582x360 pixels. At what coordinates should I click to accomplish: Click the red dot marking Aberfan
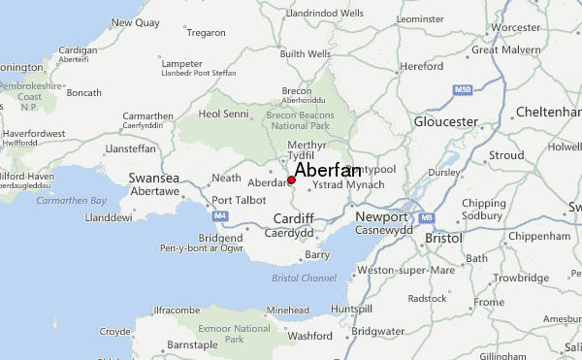coord(291,180)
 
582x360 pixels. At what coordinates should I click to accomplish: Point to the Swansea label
coord(154,179)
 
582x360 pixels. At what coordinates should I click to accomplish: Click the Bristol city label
coord(443,237)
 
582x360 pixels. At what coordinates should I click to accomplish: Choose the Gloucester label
coord(445,122)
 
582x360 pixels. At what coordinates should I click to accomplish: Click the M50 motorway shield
coord(462,89)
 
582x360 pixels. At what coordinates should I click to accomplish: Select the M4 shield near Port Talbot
coord(221,214)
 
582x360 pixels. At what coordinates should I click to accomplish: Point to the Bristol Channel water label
coord(305,278)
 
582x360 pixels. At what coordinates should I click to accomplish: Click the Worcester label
coord(516,28)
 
